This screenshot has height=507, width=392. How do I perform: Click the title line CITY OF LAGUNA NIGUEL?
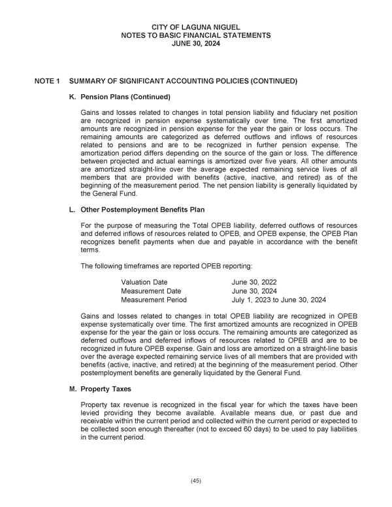196,27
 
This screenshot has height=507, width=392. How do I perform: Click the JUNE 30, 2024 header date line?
196,44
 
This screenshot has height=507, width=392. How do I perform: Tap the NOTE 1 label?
47,82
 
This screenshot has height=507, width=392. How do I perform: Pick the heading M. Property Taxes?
108,389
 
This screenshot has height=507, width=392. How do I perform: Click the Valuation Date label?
144,282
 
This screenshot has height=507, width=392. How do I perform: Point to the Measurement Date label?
151,291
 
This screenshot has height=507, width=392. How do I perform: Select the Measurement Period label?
154,301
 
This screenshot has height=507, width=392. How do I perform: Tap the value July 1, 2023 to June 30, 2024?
279,301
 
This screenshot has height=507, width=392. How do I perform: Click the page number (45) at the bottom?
196,482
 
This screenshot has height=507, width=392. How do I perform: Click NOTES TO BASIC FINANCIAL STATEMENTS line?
196,35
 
